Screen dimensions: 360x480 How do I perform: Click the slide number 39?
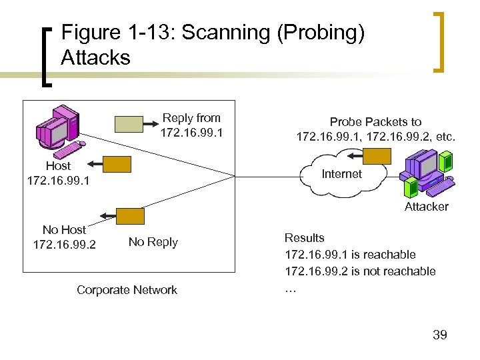(439, 335)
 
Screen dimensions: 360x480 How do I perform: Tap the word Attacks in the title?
(95, 58)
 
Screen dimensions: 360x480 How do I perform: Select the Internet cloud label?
(341, 174)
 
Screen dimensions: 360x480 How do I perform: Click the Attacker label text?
(426, 207)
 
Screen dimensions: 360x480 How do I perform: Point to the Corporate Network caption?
(127, 290)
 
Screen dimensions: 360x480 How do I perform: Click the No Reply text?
(153, 242)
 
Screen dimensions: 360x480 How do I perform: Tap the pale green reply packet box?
(129, 124)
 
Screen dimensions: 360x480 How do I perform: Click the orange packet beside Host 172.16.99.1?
(117, 165)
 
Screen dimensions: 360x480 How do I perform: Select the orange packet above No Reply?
(130, 216)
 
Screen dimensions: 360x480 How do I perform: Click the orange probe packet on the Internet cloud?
(377, 156)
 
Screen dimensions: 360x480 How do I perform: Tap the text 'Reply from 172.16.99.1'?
(191, 125)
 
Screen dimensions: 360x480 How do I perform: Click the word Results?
(304, 238)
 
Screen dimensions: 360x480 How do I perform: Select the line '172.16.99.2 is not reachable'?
(359, 271)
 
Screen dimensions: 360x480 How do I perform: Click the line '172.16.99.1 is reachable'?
(349, 255)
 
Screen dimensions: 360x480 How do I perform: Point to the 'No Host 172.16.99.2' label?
(64, 237)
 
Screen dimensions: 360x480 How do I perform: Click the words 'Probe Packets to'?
(375, 122)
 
